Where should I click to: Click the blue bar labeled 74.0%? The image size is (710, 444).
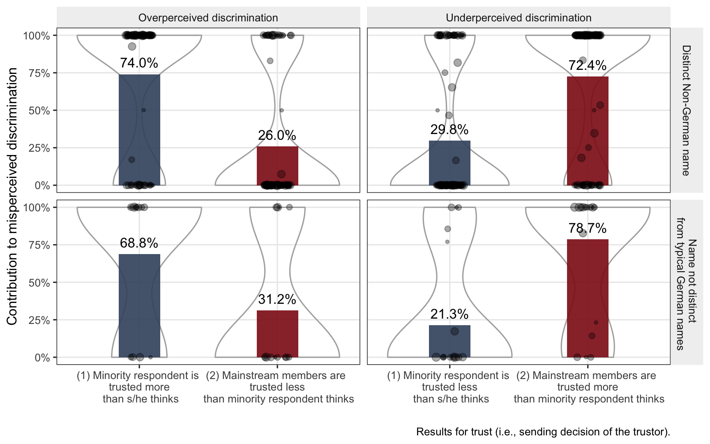point(139,130)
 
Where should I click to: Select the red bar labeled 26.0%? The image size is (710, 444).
point(277,166)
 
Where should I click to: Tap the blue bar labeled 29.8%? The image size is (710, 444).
point(450,163)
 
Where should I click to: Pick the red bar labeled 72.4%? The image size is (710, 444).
point(588,131)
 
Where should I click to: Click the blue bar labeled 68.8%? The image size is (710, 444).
point(139,306)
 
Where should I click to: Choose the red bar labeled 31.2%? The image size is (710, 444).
point(277,334)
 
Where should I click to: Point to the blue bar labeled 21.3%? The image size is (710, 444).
point(450,341)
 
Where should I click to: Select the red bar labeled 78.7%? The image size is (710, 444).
point(588,298)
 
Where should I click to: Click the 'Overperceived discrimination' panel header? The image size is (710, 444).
point(208,18)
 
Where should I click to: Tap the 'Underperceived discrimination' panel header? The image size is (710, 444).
point(519,18)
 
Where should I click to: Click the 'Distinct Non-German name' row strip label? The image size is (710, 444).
point(686,110)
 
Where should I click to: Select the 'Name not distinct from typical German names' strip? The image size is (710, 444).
point(686,282)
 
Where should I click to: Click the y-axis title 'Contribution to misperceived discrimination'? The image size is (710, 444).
point(12,196)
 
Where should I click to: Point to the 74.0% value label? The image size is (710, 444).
point(139,63)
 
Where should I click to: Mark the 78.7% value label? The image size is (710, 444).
point(588,228)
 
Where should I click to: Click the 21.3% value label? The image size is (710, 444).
point(450,314)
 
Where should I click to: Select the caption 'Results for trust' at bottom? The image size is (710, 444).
point(543,432)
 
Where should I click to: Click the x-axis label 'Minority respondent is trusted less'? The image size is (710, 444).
point(450,387)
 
